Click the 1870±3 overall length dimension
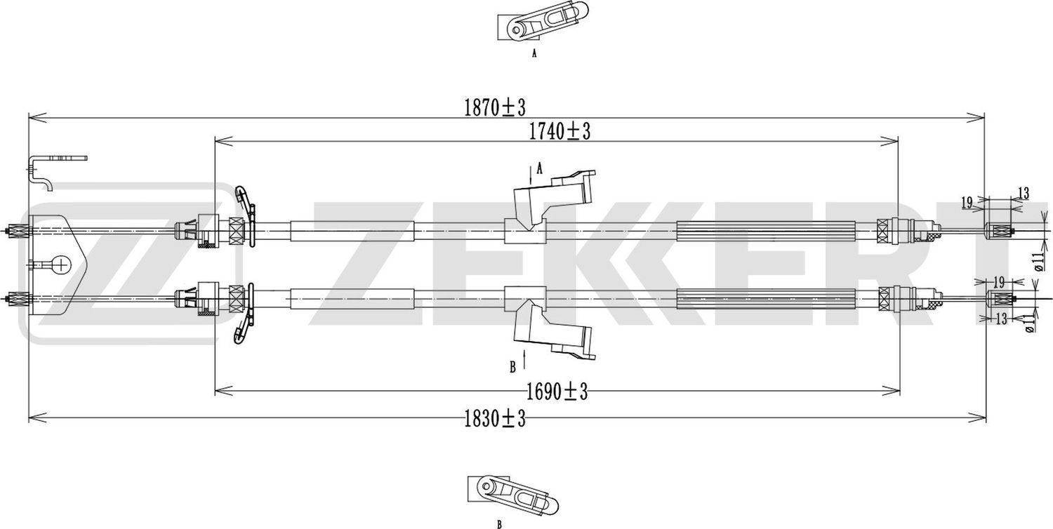pyautogui.click(x=494, y=107)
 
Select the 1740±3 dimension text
pyautogui.click(x=558, y=131)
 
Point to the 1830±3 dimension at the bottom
pyautogui.click(x=494, y=420)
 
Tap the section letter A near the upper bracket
pyautogui.click(x=540, y=168)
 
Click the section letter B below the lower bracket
pyautogui.click(x=513, y=366)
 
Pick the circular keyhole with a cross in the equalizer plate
pyautogui.click(x=62, y=264)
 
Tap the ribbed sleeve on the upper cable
pyautogui.click(x=765, y=231)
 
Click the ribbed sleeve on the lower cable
pyautogui.click(x=765, y=300)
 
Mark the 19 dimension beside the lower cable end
pyautogui.click(x=1000, y=282)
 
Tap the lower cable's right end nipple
pyautogui.click(x=1000, y=299)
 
